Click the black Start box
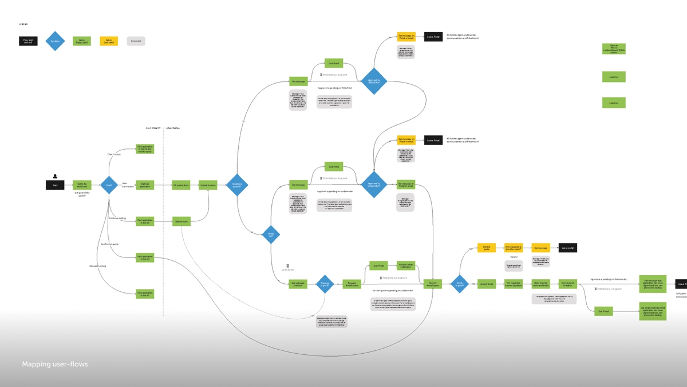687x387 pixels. tap(55, 185)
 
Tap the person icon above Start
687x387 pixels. tap(55, 176)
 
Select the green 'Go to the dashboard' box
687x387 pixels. tap(82, 185)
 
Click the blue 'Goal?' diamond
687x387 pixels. tap(109, 185)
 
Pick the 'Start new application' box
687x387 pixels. tap(145, 185)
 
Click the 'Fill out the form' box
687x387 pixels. tap(181, 185)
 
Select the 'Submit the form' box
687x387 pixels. tap(208, 185)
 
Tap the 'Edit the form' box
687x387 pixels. tap(181, 221)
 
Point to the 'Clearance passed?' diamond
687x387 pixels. tap(236, 185)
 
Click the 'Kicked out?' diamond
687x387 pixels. tap(271, 234)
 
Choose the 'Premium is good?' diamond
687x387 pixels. tap(325, 284)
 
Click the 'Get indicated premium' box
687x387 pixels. tap(298, 284)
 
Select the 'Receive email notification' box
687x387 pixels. tap(406, 265)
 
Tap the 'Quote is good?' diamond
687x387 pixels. tap(460, 284)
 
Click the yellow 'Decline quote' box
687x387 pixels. tap(487, 248)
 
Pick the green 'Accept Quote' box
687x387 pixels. tap(487, 284)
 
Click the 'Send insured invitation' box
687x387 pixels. tap(568, 284)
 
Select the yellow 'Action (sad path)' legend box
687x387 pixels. tap(109, 41)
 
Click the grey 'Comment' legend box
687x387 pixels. tap(136, 41)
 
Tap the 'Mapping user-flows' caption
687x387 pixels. tap(55, 364)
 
